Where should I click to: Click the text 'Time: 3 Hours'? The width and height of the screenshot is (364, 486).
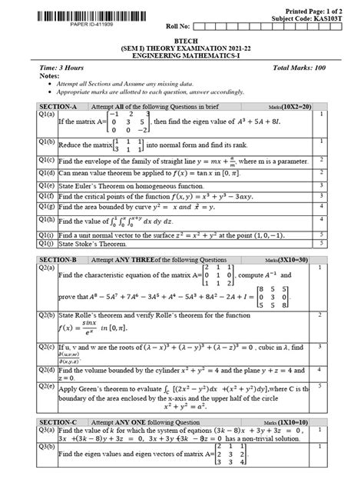pyautogui.click(x=63, y=69)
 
